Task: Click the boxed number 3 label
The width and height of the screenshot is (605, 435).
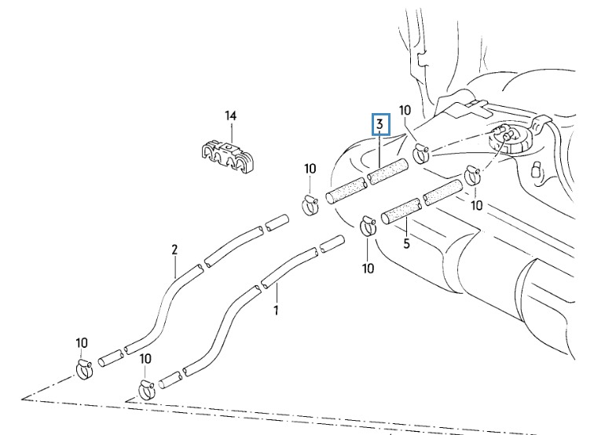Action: click(x=380, y=124)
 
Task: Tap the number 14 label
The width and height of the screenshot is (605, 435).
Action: click(x=230, y=116)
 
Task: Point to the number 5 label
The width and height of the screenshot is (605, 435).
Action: click(x=406, y=243)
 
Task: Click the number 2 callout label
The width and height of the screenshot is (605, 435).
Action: click(x=174, y=250)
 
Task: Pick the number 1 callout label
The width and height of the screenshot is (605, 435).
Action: click(x=276, y=311)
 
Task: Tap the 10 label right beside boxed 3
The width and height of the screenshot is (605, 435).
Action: click(x=405, y=110)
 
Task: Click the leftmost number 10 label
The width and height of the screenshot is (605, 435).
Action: click(x=82, y=342)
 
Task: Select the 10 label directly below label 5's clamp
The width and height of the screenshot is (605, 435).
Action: click(x=368, y=269)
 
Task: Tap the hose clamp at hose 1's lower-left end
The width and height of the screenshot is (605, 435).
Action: click(x=147, y=386)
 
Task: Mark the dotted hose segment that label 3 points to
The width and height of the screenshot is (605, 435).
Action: click(x=387, y=172)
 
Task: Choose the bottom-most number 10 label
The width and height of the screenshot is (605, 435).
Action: click(x=145, y=359)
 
